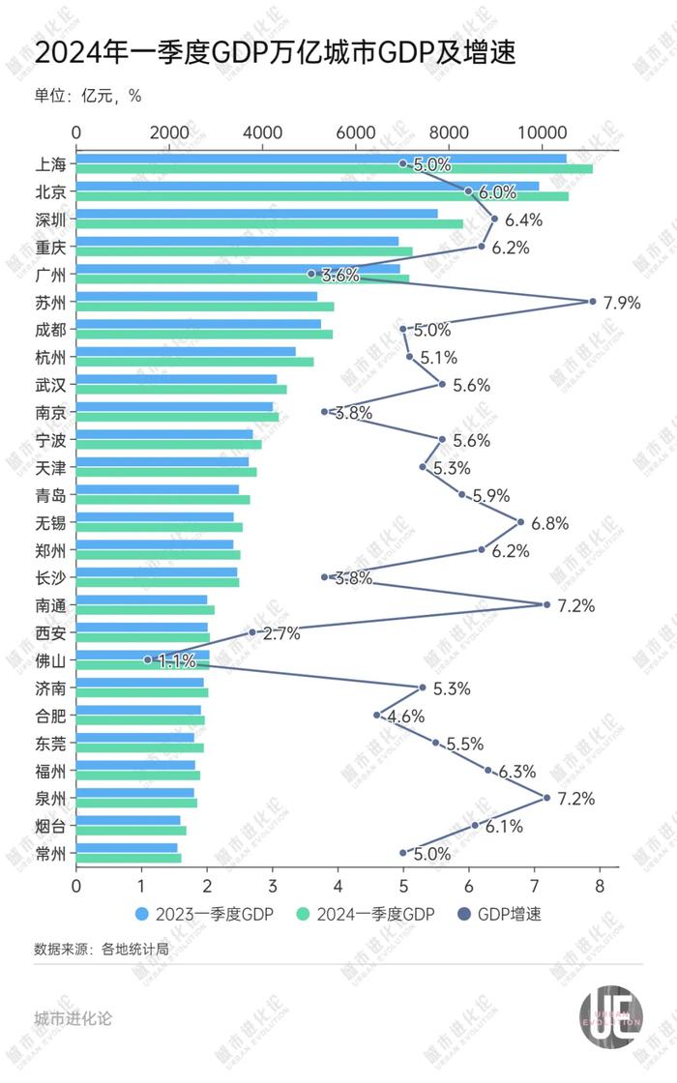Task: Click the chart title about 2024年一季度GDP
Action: (x=275, y=52)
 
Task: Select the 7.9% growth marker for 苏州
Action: (x=593, y=302)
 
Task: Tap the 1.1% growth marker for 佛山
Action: (x=148, y=659)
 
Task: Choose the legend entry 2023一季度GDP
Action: (x=205, y=914)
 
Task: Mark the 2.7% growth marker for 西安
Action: (x=252, y=632)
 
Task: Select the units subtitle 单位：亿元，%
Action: (x=88, y=96)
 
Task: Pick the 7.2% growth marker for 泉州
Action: (x=547, y=798)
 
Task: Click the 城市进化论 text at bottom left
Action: (x=73, y=1018)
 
